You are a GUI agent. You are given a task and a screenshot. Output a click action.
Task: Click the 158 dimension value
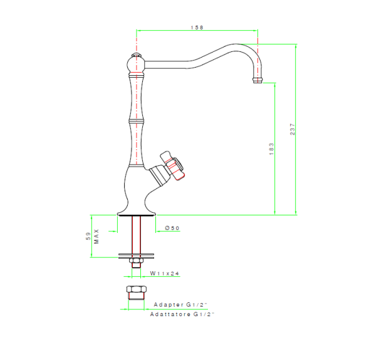pyautogui.click(x=197, y=28)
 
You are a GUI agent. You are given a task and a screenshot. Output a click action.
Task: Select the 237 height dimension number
pyautogui.click(x=293, y=130)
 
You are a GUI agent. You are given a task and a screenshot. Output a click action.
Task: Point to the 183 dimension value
pyautogui.click(x=271, y=149)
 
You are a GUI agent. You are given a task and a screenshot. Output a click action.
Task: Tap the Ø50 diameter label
pyautogui.click(x=172, y=228)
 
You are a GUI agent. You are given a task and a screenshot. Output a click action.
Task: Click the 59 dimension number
pyautogui.click(x=88, y=236)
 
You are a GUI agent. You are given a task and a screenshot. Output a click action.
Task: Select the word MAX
pyautogui.click(x=96, y=237)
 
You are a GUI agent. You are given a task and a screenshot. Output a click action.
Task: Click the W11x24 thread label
pyautogui.click(x=165, y=273)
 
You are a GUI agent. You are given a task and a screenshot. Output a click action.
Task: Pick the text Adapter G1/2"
pyautogui.click(x=180, y=304)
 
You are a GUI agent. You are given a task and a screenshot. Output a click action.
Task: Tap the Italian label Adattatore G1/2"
pyautogui.click(x=182, y=314)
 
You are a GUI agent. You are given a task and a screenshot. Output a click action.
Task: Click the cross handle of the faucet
pyautogui.click(x=172, y=165)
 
